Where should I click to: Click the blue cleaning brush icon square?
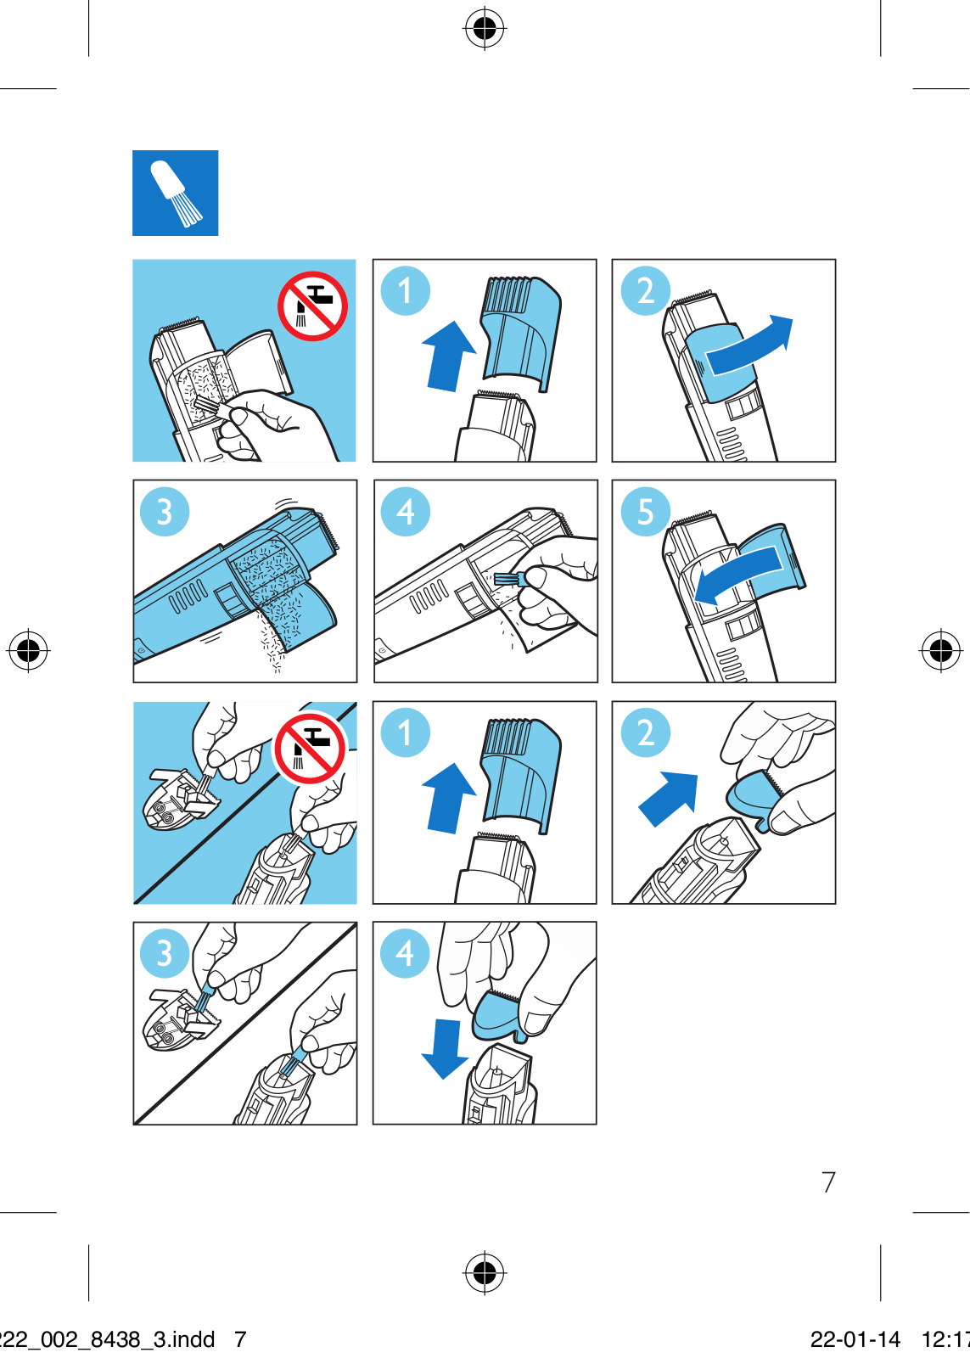(x=175, y=193)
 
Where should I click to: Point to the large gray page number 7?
(x=829, y=1181)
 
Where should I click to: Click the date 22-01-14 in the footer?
(x=855, y=1338)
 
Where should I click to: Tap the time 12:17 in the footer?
(x=945, y=1338)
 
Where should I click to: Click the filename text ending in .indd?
(x=107, y=1338)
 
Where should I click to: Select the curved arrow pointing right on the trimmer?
(x=749, y=345)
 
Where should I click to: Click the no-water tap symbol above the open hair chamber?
(x=312, y=306)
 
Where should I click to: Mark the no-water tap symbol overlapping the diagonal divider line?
(x=310, y=749)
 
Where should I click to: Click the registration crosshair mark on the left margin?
(x=28, y=650)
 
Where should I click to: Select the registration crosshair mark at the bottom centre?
(x=485, y=1272)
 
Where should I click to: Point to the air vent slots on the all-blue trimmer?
(x=188, y=595)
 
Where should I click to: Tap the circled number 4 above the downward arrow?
(x=405, y=953)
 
